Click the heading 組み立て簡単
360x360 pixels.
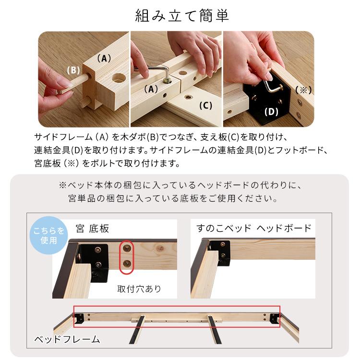coord(181,16)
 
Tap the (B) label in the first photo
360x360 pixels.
coord(73,70)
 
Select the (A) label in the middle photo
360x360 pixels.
coord(151,89)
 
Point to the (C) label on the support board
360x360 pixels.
coord(205,106)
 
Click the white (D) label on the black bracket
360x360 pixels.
coord(272,112)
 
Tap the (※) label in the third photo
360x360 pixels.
coord(303,89)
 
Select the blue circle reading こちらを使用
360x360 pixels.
coord(48,236)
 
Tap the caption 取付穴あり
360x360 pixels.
coord(139,289)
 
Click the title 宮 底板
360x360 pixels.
coord(92,228)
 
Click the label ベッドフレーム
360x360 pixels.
coord(67,339)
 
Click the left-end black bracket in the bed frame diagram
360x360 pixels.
coord(80,318)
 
